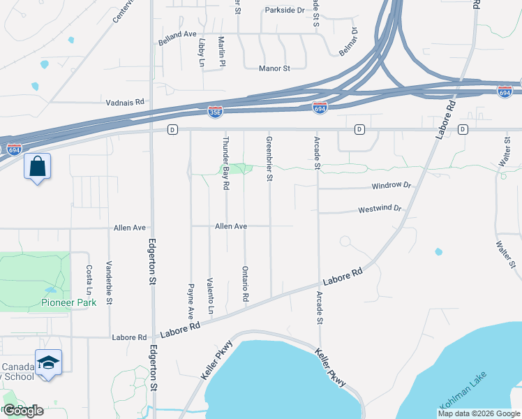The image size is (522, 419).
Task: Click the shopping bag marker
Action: coord(37,167)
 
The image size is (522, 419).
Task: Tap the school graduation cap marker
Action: coord(48,362)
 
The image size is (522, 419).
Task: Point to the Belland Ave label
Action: coord(177,34)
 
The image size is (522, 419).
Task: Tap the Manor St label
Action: coord(274,68)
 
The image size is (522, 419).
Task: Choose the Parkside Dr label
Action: coord(285,10)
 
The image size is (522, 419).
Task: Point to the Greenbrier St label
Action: coord(269,159)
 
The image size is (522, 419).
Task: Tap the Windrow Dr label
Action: coord(391,186)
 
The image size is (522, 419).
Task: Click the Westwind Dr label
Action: coord(380,209)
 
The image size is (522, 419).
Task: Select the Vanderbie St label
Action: coord(109,283)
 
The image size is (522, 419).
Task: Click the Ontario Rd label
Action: coord(245,283)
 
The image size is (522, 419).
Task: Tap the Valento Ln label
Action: coord(209,295)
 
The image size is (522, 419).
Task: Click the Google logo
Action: coord(23,410)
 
